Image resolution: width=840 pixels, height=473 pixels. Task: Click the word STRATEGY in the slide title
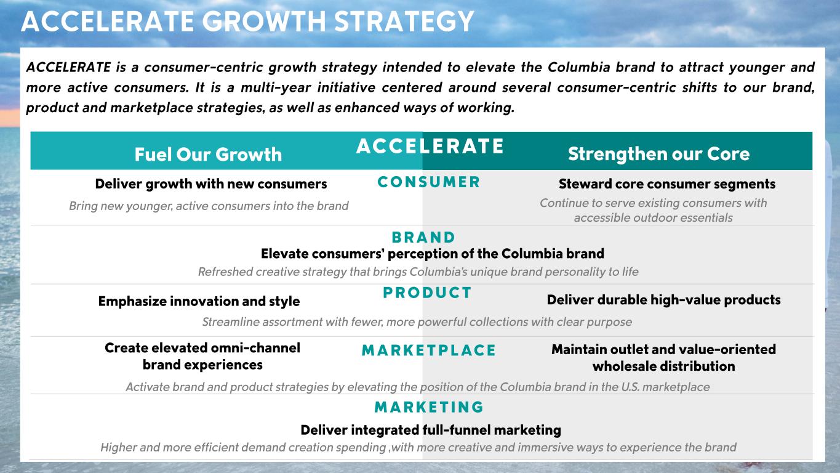tap(404, 22)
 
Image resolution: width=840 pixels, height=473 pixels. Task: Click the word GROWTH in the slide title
tap(265, 22)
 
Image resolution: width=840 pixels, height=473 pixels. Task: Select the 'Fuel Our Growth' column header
tap(208, 155)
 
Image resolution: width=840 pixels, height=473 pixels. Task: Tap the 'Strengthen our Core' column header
tap(659, 154)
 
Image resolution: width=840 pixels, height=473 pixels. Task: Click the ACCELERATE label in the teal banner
tap(430, 146)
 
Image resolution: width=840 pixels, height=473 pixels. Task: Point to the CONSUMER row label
tap(429, 182)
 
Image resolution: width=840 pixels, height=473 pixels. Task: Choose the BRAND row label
tap(423, 237)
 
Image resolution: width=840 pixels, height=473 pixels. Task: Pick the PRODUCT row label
tap(427, 293)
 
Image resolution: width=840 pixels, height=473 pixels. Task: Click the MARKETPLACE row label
tap(429, 350)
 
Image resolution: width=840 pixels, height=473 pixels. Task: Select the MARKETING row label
tap(429, 407)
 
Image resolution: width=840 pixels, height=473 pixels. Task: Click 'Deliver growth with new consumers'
tap(211, 184)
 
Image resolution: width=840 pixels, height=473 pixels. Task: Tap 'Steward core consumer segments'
tap(667, 184)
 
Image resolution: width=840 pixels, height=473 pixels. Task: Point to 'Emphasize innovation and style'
tap(199, 301)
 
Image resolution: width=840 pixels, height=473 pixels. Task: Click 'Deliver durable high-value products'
tap(664, 299)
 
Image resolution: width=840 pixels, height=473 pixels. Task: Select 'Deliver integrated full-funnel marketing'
tap(431, 430)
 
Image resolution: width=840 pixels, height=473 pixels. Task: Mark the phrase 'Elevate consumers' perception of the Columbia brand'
tap(433, 254)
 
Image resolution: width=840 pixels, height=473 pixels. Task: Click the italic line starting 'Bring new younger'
tap(209, 206)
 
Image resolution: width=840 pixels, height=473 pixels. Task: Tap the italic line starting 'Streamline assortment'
tap(417, 321)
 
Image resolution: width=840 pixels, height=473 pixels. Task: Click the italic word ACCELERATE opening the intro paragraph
tap(69, 67)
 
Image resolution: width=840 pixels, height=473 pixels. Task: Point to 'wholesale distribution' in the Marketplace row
tap(664, 366)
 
